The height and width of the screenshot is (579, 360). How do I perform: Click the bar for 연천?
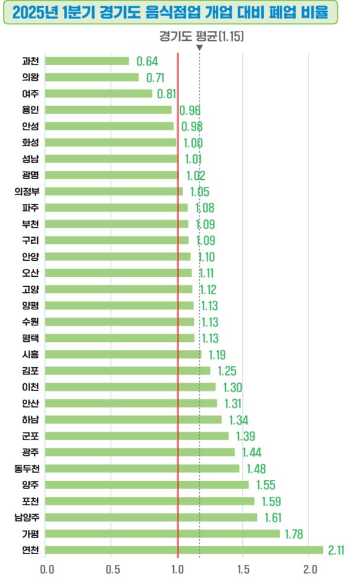coord(184,549)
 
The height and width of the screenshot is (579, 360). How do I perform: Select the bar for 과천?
coord(87,61)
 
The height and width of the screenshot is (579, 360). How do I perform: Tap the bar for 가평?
coord(163,533)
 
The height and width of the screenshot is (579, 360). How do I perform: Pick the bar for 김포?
coord(128,370)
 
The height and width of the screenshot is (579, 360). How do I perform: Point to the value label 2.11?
coord(336,550)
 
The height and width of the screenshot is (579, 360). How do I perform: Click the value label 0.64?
coord(147,61)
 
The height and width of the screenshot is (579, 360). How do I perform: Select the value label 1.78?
coord(294,534)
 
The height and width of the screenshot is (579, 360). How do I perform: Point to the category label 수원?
coord(30,322)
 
